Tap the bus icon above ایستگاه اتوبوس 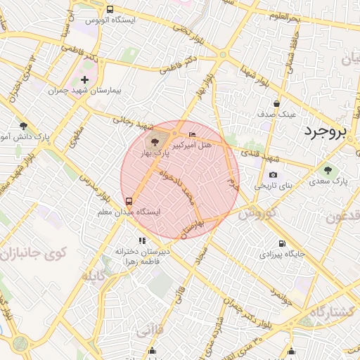click(x=110, y=9)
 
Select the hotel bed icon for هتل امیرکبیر click(x=193, y=134)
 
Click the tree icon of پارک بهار click(x=155, y=141)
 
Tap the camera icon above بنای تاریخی click(x=273, y=175)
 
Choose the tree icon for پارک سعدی click(x=327, y=170)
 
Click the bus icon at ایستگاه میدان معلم click(x=127, y=201)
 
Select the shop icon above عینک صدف click(x=276, y=103)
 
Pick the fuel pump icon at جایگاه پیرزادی click(x=279, y=245)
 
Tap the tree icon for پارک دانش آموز click(x=23, y=126)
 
